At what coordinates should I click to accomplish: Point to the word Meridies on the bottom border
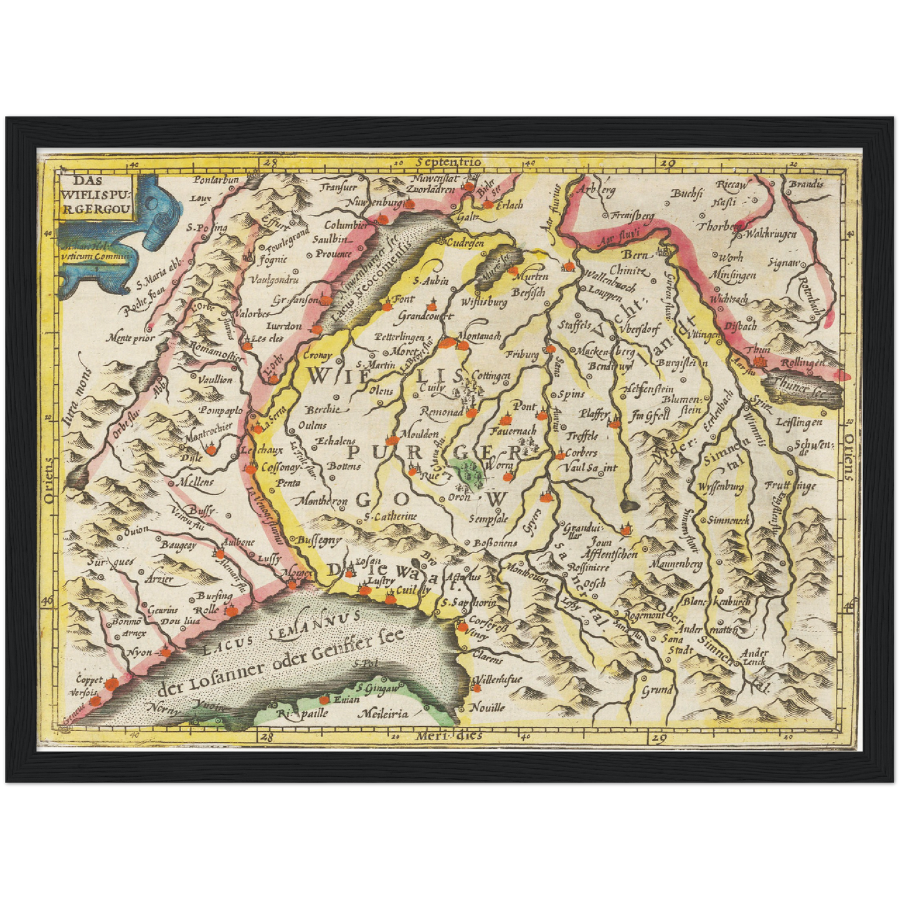tap(448, 736)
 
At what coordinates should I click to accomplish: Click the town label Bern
tap(636, 255)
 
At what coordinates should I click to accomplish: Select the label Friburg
tap(521, 354)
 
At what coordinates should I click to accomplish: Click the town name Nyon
tap(140, 653)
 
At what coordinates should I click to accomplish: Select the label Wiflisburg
tap(483, 302)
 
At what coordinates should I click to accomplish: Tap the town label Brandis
tap(806, 184)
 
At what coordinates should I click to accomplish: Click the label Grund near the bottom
tap(657, 689)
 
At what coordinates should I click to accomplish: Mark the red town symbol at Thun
tap(759, 361)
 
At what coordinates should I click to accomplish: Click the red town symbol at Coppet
tap(111, 684)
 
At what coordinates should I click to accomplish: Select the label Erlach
tap(509, 204)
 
